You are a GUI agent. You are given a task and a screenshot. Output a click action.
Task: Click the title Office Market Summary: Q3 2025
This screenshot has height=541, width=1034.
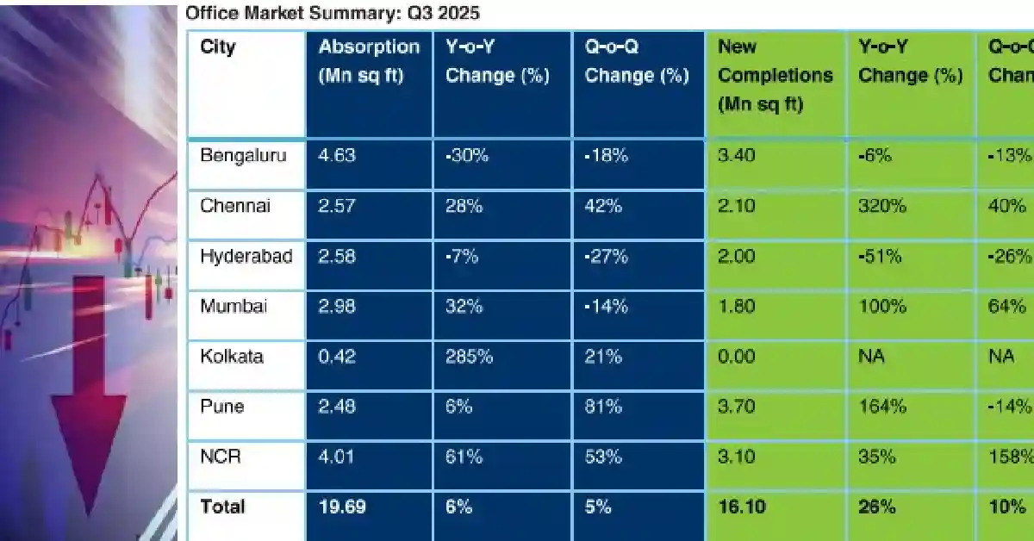(x=332, y=13)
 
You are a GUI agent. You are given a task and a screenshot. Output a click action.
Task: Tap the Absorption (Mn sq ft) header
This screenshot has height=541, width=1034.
(x=369, y=60)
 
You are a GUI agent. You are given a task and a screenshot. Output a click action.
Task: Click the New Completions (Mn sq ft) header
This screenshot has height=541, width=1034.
(x=775, y=75)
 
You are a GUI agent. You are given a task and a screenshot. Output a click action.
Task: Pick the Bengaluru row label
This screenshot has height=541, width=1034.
(x=243, y=156)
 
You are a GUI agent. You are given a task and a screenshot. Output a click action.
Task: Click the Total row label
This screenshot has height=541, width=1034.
(x=222, y=507)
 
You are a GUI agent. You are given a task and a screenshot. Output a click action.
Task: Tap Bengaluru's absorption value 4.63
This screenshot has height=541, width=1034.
(x=337, y=156)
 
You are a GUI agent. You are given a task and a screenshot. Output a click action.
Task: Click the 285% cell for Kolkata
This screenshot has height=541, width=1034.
(x=469, y=356)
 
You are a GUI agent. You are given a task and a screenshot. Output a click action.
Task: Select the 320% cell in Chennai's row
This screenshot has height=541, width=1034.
(x=881, y=206)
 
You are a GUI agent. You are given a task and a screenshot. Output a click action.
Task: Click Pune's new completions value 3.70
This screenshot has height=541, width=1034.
(x=737, y=406)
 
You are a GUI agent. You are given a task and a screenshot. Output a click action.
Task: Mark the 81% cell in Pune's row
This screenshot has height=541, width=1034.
(x=603, y=406)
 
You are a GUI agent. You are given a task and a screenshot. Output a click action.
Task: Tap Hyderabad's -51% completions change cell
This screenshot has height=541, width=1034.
(x=879, y=256)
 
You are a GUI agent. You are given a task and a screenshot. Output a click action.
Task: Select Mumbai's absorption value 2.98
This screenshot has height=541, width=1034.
(x=337, y=306)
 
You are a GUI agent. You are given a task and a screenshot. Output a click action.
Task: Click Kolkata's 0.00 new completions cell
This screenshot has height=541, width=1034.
(x=737, y=356)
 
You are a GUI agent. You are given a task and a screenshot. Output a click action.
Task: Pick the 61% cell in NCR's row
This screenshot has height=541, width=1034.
(x=464, y=457)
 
